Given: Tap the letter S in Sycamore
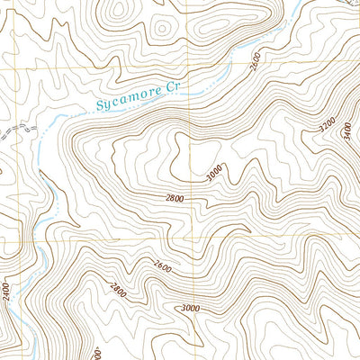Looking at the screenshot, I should (97, 106).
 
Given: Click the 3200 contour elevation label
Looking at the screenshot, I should (328, 123).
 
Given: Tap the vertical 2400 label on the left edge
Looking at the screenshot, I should (7, 292).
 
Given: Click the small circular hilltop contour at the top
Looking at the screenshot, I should (162, 27).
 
